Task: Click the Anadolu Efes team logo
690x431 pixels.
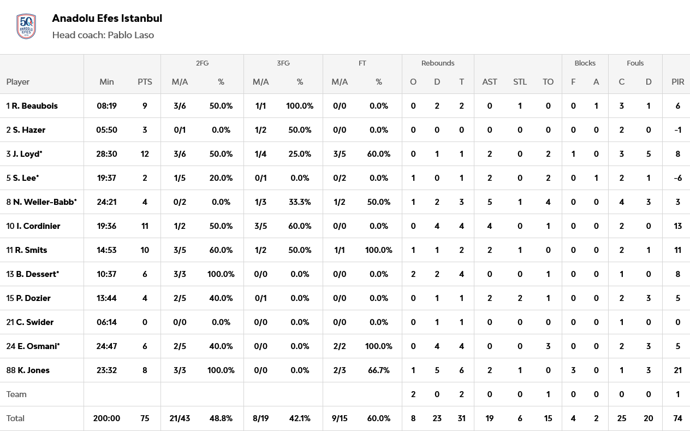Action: (x=26, y=26)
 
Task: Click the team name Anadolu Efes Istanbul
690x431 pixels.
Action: (x=107, y=18)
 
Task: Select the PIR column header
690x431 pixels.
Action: (x=677, y=81)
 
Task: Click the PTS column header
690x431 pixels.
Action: (x=145, y=81)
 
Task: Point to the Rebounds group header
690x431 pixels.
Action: (x=437, y=63)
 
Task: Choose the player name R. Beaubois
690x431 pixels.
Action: (x=34, y=105)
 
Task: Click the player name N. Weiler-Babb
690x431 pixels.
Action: (x=45, y=202)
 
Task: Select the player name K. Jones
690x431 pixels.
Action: (x=33, y=370)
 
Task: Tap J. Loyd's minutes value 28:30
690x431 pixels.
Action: (x=106, y=153)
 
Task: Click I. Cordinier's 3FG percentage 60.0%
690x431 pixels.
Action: (x=300, y=226)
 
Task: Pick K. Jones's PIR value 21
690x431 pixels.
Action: (x=677, y=370)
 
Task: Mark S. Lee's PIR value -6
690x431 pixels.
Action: (x=677, y=178)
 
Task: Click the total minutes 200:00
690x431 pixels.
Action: (x=106, y=418)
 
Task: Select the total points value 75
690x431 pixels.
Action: (x=145, y=418)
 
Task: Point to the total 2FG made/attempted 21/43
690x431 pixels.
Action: (x=180, y=418)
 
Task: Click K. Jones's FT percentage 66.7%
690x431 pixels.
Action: (x=379, y=370)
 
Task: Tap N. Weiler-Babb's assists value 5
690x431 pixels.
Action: (x=489, y=202)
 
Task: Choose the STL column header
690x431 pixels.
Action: (x=520, y=81)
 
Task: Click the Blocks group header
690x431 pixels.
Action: (x=585, y=63)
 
